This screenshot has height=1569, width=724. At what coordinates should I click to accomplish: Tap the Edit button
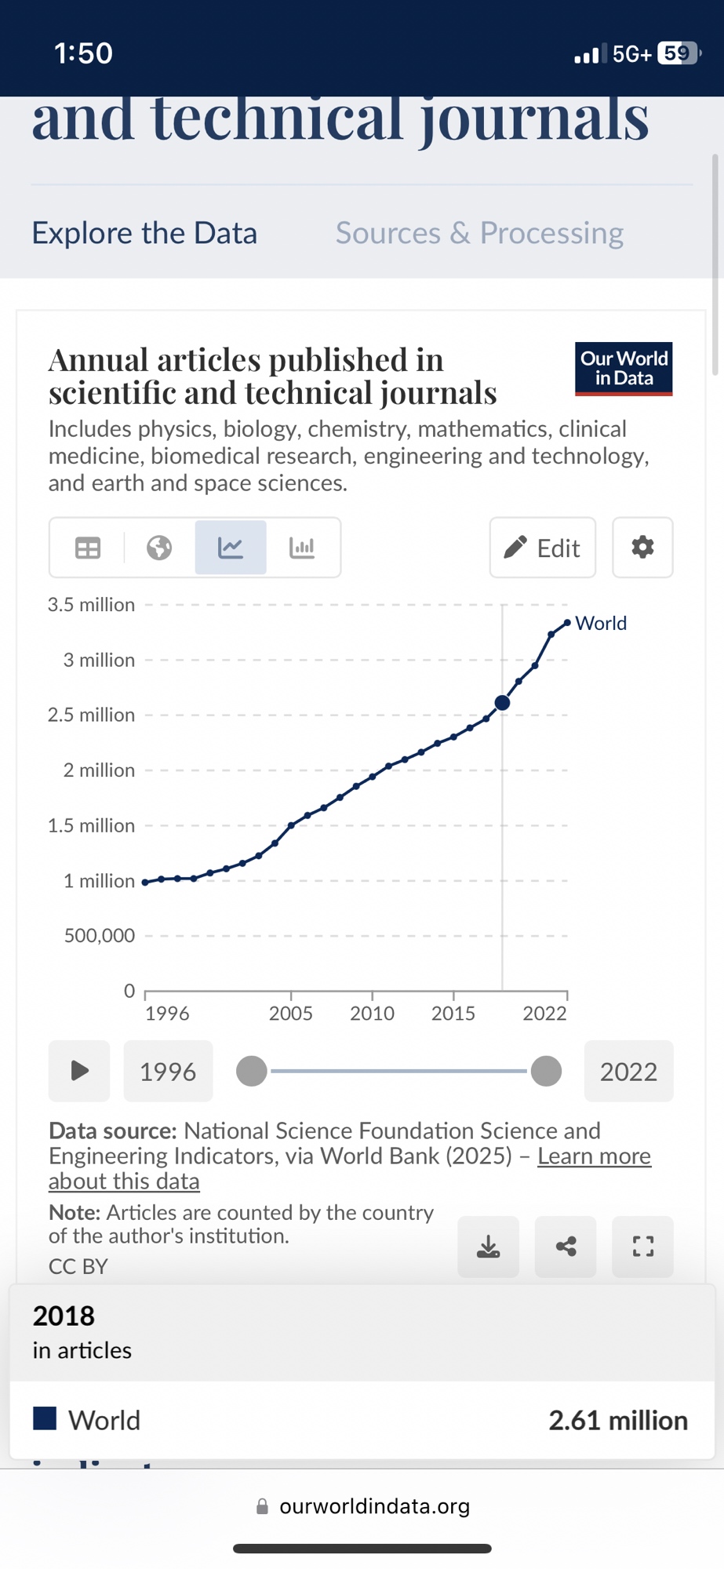point(542,548)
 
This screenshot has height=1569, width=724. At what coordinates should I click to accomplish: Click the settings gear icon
point(642,548)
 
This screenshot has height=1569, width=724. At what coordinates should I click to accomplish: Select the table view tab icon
point(88,548)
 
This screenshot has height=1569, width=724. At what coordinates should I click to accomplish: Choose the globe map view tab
point(159,548)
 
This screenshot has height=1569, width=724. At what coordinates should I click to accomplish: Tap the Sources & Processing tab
point(479,233)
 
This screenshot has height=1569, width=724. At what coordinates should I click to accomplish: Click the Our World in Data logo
point(624,369)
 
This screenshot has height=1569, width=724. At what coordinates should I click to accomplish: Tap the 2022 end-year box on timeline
point(628,1072)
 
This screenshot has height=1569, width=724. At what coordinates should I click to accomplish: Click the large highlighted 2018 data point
point(503,703)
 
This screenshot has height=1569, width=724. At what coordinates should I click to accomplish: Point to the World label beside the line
point(601,624)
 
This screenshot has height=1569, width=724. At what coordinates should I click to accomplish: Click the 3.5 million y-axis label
point(91,605)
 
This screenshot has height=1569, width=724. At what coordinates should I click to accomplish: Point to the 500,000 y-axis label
point(100,936)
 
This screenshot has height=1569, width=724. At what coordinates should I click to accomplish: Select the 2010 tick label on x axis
point(372,1014)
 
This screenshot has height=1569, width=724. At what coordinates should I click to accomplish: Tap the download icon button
point(488,1247)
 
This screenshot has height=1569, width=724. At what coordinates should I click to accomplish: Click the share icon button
point(566,1247)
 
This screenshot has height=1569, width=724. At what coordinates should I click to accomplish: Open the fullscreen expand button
point(642,1247)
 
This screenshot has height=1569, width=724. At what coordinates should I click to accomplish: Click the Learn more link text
point(594,1156)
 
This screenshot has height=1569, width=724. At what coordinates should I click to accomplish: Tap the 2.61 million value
point(617,1421)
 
